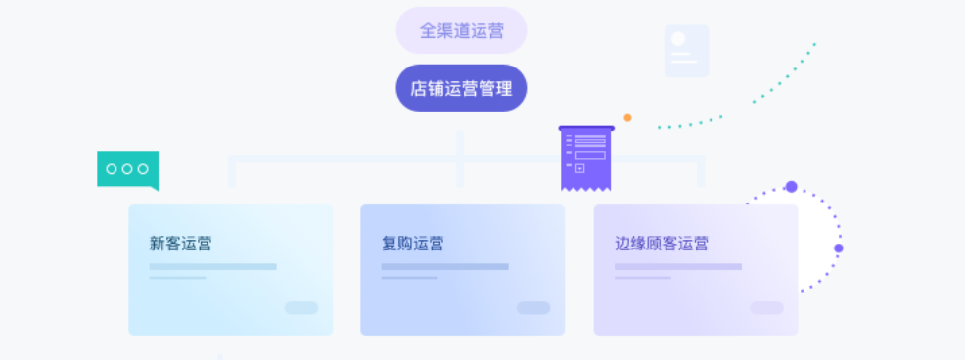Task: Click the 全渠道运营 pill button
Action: pos(461,30)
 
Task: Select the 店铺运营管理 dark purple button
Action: pos(461,89)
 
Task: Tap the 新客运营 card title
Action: pos(181,244)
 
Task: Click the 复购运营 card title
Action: pos(412,244)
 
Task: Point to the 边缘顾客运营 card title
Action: pos(662,244)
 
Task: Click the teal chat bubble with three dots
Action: pos(127,170)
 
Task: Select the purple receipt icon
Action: pos(586,157)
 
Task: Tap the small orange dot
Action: pos(627,118)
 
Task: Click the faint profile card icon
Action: pos(686,51)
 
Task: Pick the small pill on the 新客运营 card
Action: pos(301,308)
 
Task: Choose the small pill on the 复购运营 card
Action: pos(533,308)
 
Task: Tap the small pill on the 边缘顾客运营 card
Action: pos(766,308)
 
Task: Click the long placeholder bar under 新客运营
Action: pos(212,266)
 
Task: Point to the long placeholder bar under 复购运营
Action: pos(444,266)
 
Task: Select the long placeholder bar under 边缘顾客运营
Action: pos(677,266)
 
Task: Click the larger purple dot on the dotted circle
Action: pos(791,187)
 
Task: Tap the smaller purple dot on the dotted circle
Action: pos(838,248)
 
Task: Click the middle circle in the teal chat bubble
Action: pos(127,169)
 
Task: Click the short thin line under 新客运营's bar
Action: pos(177,278)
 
